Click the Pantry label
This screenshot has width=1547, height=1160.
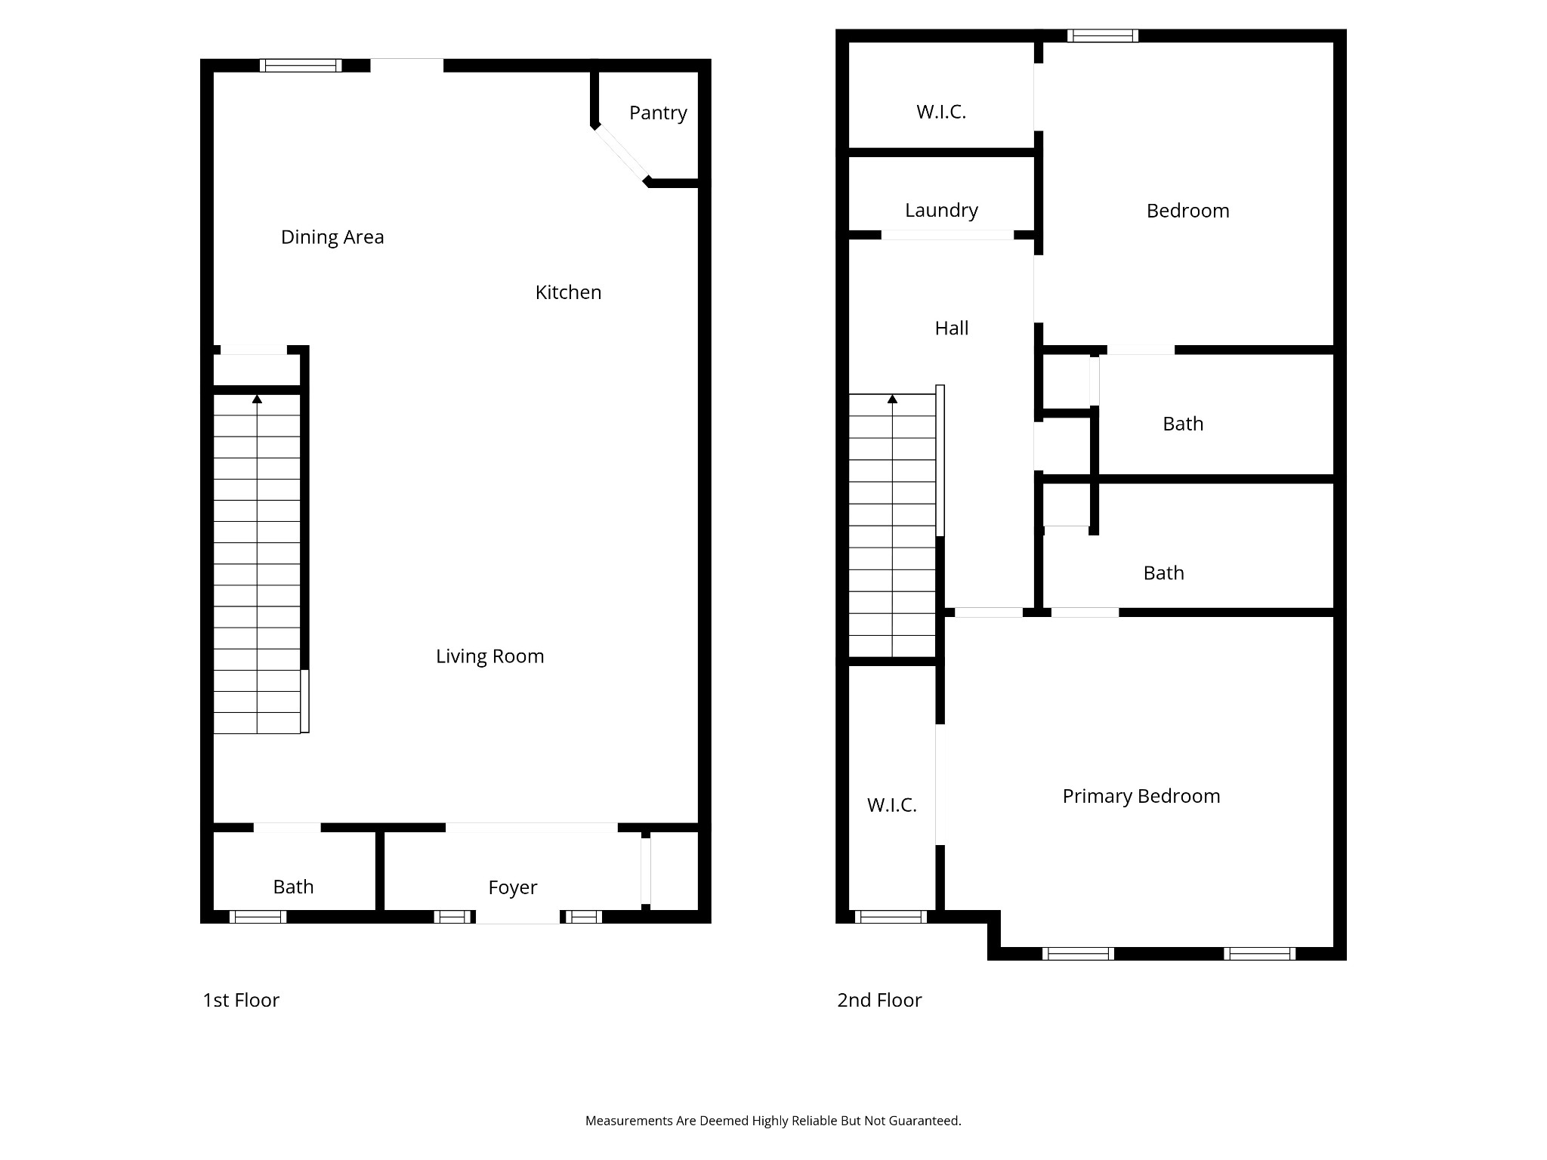tap(658, 113)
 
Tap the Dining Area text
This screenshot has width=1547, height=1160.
tap(332, 237)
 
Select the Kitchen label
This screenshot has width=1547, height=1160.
tap(568, 292)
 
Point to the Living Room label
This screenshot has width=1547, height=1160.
tap(489, 656)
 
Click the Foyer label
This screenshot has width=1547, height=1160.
tap(512, 887)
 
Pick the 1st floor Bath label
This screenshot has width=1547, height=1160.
tap(293, 887)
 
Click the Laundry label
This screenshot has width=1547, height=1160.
tap(941, 210)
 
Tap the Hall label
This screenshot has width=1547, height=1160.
tap(951, 329)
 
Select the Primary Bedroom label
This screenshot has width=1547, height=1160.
tap(1141, 796)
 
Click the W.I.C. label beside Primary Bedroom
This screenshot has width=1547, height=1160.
tap(891, 805)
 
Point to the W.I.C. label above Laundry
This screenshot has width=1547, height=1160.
tap(940, 112)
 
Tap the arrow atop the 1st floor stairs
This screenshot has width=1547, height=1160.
tap(257, 399)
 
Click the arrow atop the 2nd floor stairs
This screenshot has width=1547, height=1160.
tap(892, 399)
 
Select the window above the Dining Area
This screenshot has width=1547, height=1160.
tap(301, 66)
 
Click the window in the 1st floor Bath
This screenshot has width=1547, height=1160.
tap(258, 917)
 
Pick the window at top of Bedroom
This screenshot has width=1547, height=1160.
tap(1103, 35)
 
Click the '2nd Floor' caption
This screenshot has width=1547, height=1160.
tap(879, 1000)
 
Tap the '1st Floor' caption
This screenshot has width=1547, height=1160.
tap(241, 1000)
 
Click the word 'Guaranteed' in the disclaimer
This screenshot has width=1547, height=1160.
tap(924, 1121)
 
